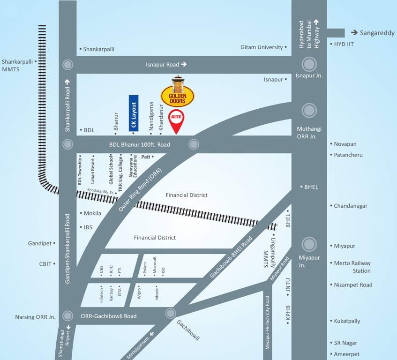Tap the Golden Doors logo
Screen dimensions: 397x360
(177, 93)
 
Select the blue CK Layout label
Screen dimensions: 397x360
(134, 113)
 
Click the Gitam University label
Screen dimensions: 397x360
(262, 47)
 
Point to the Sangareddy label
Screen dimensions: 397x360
(377, 33)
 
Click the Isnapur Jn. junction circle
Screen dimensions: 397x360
(309, 64)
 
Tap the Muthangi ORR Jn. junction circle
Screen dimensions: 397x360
(309, 111)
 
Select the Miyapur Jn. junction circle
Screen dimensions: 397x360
(309, 244)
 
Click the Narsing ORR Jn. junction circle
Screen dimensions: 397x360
(68, 315)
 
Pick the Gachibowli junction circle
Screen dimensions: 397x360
(169, 313)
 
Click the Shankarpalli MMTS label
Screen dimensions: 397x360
(17, 65)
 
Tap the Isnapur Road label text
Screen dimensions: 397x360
(163, 65)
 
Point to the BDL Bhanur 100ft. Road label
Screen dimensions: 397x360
(140, 145)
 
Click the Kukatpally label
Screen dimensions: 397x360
(347, 321)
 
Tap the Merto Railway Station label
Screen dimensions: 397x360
(352, 267)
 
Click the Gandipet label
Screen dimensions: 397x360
(39, 243)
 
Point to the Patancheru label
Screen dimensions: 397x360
(348, 155)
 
